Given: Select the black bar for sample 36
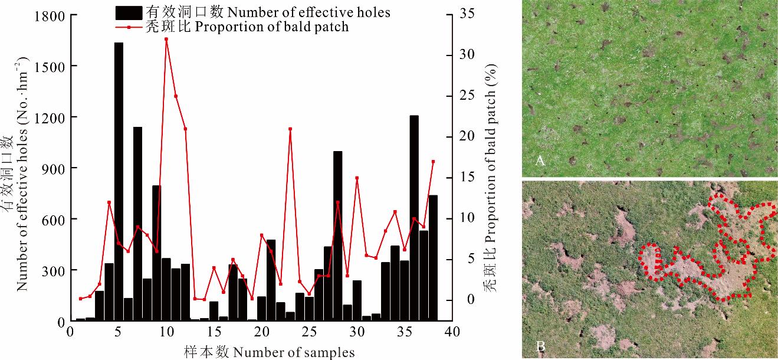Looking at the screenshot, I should click(414, 218).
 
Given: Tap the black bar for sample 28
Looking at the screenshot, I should click(338, 236).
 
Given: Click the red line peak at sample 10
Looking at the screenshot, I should click(166, 39).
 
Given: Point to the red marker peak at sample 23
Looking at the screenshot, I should click(290, 129).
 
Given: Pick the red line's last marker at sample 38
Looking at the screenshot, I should click(433, 161).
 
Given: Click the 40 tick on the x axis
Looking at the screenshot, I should click(452, 333).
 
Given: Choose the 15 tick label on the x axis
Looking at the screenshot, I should click(214, 333).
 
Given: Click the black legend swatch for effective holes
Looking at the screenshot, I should click(127, 11).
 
